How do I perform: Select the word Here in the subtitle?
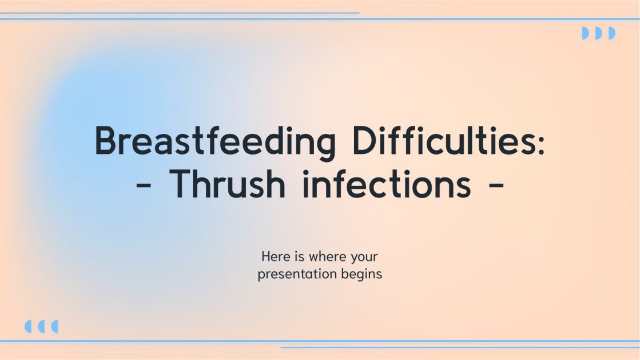point(275,257)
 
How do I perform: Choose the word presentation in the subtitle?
point(296,275)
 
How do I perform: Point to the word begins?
point(360,275)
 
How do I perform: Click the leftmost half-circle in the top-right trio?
point(585,33)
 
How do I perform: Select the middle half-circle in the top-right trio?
point(598,33)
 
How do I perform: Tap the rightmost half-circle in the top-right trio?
point(612,33)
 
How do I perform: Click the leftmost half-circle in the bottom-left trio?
point(28,326)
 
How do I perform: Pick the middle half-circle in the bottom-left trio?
point(41,326)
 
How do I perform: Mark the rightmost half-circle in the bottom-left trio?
point(55,326)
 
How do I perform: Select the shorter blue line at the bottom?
point(460,347)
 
